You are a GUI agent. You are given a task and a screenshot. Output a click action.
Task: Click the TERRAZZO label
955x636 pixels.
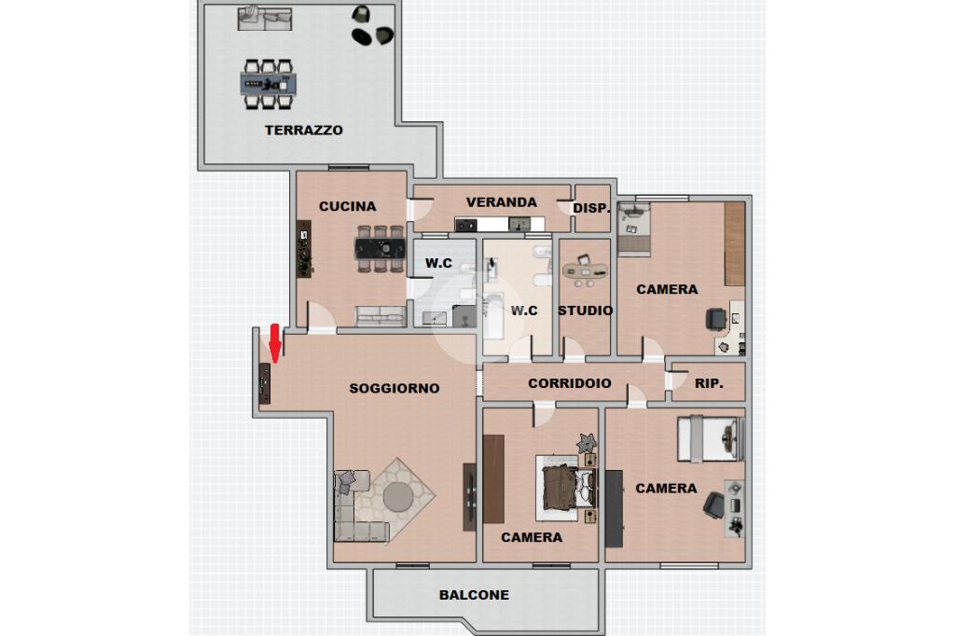coord(303,130)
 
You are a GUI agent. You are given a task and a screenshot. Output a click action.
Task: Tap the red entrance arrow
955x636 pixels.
coord(275,343)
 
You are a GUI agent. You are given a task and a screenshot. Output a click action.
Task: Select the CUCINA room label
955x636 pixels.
coord(347,206)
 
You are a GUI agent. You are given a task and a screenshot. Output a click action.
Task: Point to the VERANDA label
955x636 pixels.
coord(501,202)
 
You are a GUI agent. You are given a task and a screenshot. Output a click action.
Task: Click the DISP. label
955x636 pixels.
coord(591,208)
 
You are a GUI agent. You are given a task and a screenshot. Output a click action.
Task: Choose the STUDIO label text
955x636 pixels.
coord(586,311)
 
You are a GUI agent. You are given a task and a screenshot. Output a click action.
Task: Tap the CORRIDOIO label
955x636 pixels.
coord(570,383)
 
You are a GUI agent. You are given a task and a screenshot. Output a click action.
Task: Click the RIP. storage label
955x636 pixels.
coord(709,384)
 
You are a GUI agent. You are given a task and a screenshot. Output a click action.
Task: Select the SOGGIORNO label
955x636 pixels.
coord(394,388)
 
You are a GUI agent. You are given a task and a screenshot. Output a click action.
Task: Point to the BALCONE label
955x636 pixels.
coord(474,595)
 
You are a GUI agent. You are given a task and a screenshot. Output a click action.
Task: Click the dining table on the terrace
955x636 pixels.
coord(268,83)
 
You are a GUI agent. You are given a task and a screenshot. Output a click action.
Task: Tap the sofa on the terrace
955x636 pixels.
coord(264,19)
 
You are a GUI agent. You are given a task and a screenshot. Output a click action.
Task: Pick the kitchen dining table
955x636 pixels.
coord(381,249)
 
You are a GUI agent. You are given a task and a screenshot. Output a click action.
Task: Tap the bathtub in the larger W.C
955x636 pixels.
coord(494,317)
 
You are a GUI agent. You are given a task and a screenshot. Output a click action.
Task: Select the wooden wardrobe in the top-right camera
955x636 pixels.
coord(735,243)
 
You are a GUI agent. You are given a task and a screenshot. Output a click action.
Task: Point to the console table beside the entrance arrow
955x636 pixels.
coord(264,383)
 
